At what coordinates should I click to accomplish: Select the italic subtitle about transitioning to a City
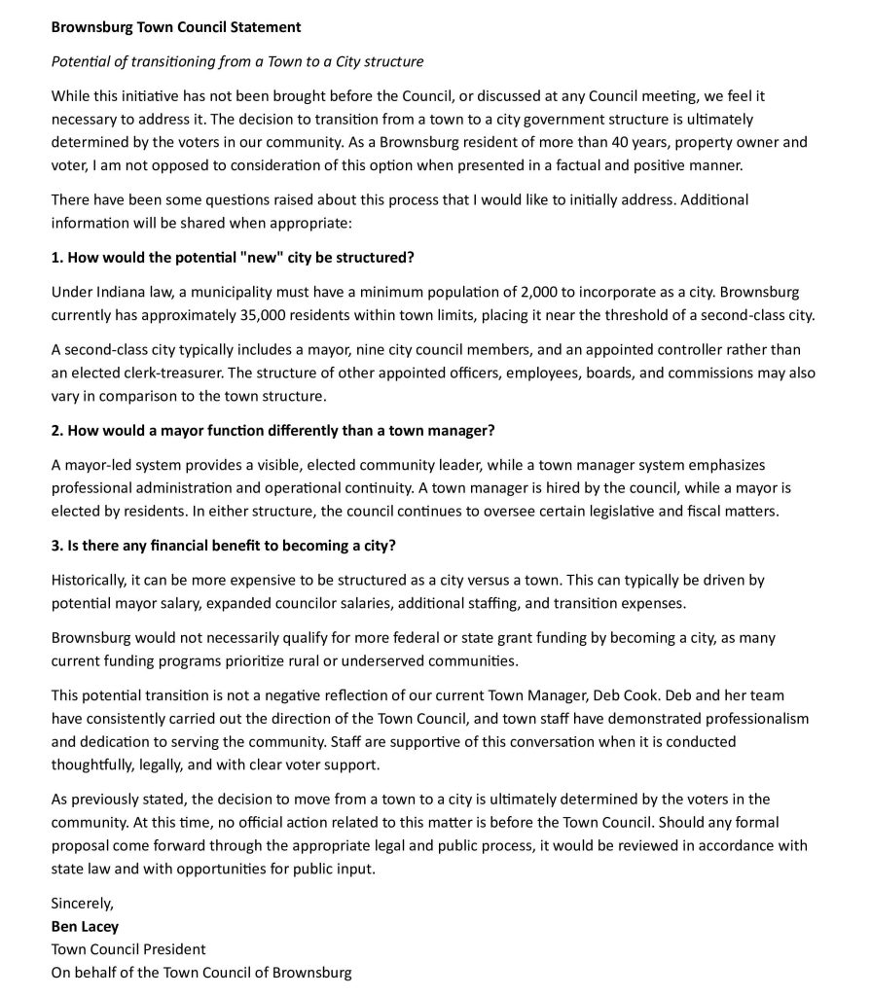[x=236, y=62]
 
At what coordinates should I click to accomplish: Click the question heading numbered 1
[x=233, y=258]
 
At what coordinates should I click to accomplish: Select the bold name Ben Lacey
[x=85, y=926]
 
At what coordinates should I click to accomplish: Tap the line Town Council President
[x=128, y=949]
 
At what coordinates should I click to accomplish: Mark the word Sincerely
[x=83, y=904]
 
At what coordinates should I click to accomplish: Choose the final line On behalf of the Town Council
[x=201, y=972]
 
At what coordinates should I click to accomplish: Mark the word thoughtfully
[x=93, y=765]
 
